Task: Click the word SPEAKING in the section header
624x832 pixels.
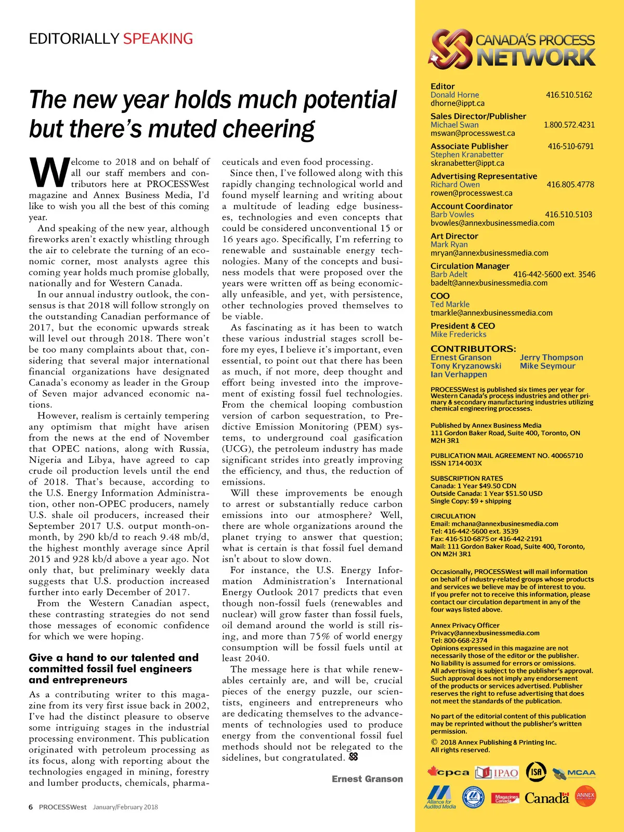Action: click(x=158, y=38)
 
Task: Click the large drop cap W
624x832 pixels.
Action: click(x=49, y=173)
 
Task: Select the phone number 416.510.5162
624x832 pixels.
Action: click(x=569, y=95)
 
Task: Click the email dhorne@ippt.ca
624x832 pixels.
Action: click(x=457, y=103)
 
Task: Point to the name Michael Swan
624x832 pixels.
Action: click(x=454, y=125)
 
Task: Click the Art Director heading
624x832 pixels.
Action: click(x=454, y=236)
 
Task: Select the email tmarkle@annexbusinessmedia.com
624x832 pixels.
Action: click(x=491, y=313)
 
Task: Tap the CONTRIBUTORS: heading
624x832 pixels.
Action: click(x=473, y=348)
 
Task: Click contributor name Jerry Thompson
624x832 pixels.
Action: click(x=551, y=357)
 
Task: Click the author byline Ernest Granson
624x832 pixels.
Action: click(x=367, y=779)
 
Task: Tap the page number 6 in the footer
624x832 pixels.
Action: click(x=31, y=807)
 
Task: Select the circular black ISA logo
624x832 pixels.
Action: click(x=536, y=772)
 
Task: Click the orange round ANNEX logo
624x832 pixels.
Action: click(x=586, y=796)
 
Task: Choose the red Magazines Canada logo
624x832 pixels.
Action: click(x=505, y=798)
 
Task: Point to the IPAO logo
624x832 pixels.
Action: click(x=497, y=773)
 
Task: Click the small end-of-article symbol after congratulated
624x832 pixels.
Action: click(x=354, y=757)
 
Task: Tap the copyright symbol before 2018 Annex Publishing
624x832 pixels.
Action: click(x=434, y=742)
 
